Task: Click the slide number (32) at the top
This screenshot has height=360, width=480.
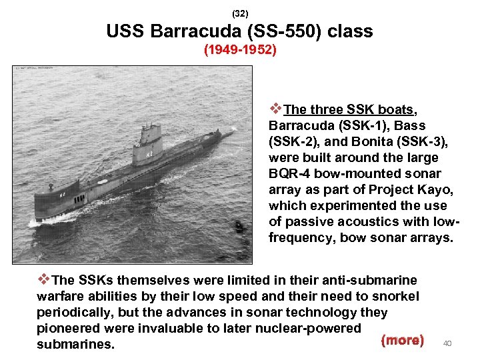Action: (240, 13)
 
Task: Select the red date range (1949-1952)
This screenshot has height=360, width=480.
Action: (240, 50)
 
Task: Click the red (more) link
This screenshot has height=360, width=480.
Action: (402, 340)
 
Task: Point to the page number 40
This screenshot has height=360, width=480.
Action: (448, 343)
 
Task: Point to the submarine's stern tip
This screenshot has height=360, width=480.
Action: (230, 133)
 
